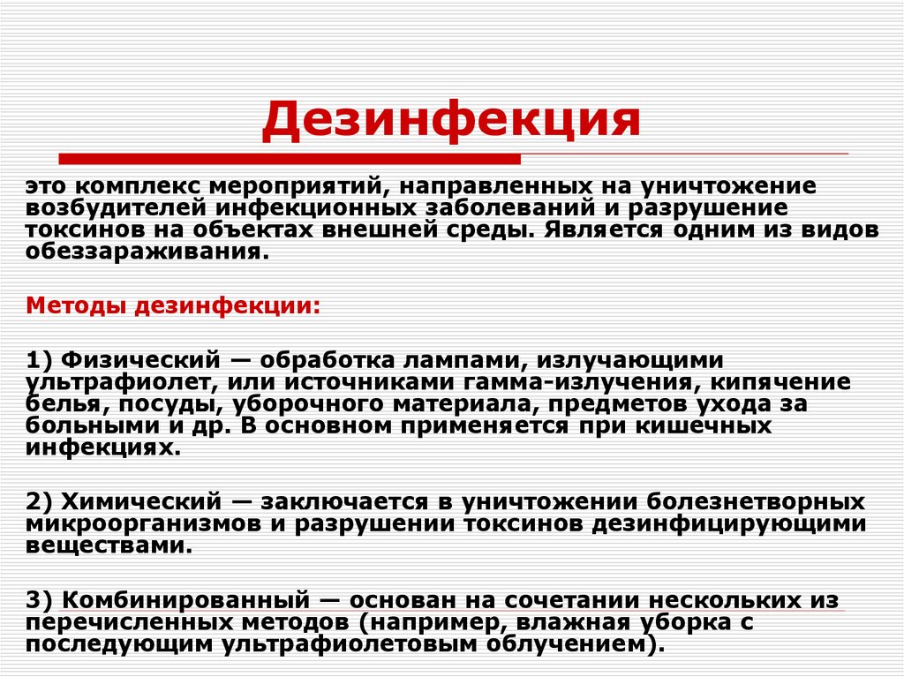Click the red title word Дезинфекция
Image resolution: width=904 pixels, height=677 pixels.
(x=450, y=121)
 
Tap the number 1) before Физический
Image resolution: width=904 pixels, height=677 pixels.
(x=41, y=360)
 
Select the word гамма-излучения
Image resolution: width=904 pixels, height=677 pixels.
(x=597, y=382)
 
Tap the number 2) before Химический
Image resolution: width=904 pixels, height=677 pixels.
(x=41, y=501)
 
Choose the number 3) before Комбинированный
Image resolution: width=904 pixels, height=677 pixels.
(x=41, y=599)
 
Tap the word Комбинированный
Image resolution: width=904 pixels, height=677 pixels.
(x=185, y=599)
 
